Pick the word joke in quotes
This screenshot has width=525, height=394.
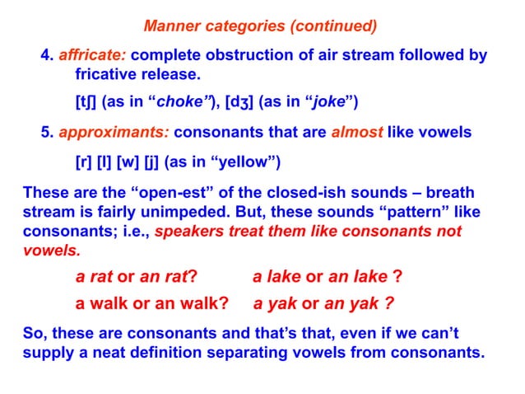click(x=331, y=102)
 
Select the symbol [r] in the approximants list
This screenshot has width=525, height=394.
click(x=83, y=160)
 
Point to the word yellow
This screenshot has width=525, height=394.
click(x=254, y=160)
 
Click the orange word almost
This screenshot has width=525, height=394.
click(x=357, y=133)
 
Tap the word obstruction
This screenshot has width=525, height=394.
click(x=228, y=56)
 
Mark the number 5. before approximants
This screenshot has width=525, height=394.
click(x=47, y=133)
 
